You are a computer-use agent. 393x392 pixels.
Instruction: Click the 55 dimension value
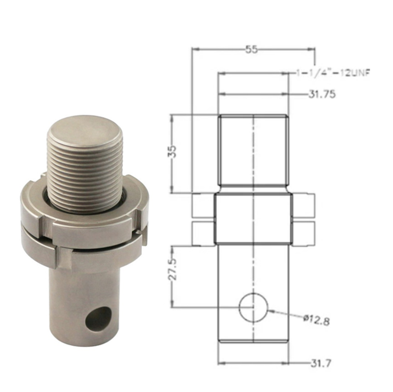coord(252,49)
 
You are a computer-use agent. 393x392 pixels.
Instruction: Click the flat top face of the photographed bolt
coord(85,131)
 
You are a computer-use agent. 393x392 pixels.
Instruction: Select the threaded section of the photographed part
coord(86,171)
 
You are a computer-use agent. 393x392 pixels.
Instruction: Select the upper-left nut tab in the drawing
coord(203,205)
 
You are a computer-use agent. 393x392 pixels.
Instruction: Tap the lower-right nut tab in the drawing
coord(304,231)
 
